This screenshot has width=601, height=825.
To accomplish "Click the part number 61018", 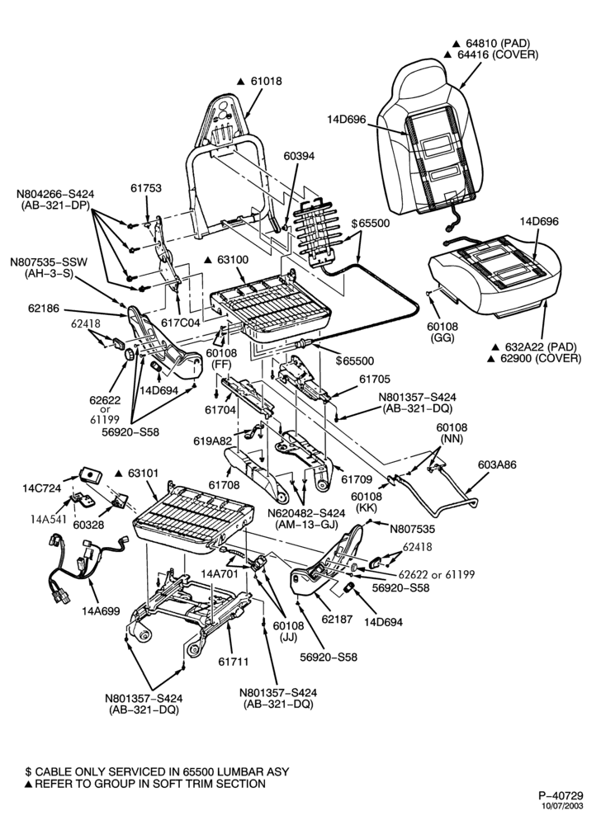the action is (266, 81).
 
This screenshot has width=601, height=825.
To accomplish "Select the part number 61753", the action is (146, 188).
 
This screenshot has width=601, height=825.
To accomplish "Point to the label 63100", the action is (233, 260).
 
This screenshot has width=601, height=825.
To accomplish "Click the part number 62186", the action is (44, 309).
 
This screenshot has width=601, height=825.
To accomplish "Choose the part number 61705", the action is (375, 379).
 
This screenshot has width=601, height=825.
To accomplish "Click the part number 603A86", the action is (497, 464).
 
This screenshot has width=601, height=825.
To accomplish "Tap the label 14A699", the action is (101, 610).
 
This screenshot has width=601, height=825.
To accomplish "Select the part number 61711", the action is (233, 662).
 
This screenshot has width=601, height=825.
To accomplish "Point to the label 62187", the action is (337, 620).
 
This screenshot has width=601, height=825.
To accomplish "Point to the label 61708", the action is (224, 484).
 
